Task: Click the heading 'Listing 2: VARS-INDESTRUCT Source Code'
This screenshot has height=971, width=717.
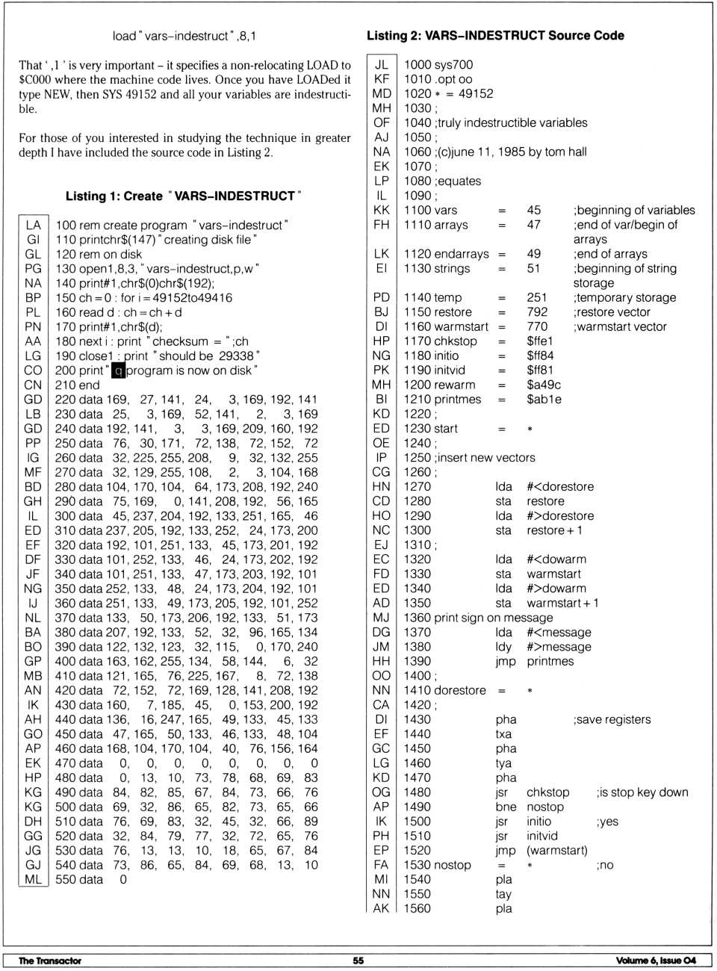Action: pyautogui.click(x=495, y=35)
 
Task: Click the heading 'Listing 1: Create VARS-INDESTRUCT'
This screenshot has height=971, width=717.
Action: pyautogui.click(x=183, y=196)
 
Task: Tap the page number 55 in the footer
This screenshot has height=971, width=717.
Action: pyautogui.click(x=358, y=961)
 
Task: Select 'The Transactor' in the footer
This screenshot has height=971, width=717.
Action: pyautogui.click(x=50, y=961)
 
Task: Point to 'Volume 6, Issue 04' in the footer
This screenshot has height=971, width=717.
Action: pyautogui.click(x=656, y=961)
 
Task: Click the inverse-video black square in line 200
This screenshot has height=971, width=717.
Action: pyautogui.click(x=117, y=370)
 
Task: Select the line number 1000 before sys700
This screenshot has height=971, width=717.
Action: pyautogui.click(x=418, y=64)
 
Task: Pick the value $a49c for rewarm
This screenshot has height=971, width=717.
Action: pyautogui.click(x=544, y=385)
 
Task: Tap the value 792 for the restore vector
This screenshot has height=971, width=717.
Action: pyautogui.click(x=537, y=311)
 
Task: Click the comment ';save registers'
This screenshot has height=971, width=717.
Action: pyautogui.click(x=612, y=719)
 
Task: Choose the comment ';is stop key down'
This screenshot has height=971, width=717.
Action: pyautogui.click(x=642, y=792)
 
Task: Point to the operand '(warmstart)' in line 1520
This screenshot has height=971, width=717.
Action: pyautogui.click(x=556, y=850)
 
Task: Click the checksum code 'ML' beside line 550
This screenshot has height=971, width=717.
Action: pyautogui.click(x=33, y=879)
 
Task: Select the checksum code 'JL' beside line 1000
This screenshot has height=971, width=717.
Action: pyautogui.click(x=381, y=64)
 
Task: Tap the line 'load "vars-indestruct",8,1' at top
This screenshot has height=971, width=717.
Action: pyautogui.click(x=184, y=36)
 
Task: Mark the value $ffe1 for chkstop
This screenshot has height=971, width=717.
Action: pyautogui.click(x=540, y=341)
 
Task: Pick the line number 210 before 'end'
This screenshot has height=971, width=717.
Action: pyautogui.click(x=66, y=385)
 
